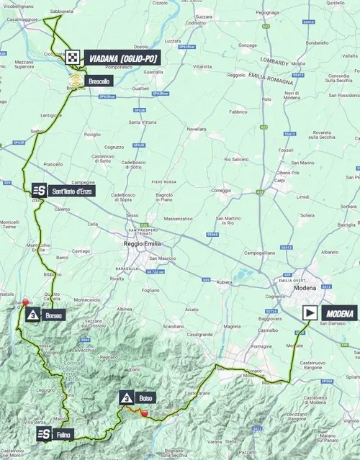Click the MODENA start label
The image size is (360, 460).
point(340,313)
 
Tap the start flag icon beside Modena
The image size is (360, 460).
point(310,312)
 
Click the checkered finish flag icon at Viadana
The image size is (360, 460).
point(72,58)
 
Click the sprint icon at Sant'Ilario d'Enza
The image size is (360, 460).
point(39,191)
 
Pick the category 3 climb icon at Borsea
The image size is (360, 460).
point(32,315)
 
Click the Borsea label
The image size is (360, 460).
point(55,315)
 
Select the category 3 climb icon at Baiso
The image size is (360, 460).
point(127,397)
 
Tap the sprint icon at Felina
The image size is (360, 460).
point(44,434)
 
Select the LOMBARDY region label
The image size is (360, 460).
point(276,62)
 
